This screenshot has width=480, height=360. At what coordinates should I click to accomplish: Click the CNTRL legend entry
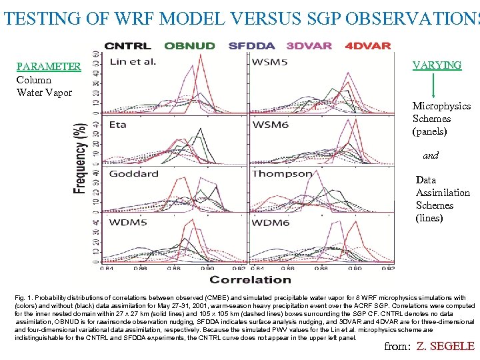pos(127,46)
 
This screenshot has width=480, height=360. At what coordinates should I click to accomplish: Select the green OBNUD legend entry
pos(189,46)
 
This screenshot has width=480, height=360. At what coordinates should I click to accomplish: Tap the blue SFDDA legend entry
pos(251,46)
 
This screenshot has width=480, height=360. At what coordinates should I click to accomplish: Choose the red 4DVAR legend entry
pos(368,46)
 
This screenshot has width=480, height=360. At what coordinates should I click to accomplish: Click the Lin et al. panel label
pos(133,62)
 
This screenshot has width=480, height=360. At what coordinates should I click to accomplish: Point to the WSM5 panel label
pos(270,63)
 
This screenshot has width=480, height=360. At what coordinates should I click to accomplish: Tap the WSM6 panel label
pos(271,125)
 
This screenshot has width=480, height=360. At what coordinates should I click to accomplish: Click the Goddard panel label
pos(133,173)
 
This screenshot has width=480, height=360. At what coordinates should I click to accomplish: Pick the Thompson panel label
pos(282,173)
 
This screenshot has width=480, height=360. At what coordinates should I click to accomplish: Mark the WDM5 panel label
pos(128,222)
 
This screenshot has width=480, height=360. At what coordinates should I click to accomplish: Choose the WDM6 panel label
pos(271,222)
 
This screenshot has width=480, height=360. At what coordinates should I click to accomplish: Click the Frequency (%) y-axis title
pos(80,158)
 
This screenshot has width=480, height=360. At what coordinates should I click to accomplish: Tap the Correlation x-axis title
pos(251,279)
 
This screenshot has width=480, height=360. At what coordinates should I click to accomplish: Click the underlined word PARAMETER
pos(49,67)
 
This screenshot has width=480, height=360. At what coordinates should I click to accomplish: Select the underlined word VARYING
pos(437,65)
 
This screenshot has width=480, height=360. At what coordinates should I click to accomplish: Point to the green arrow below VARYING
pos(434,85)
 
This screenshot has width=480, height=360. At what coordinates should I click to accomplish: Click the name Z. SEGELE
pos(445,345)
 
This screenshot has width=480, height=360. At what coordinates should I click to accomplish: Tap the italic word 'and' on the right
pos(431,155)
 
